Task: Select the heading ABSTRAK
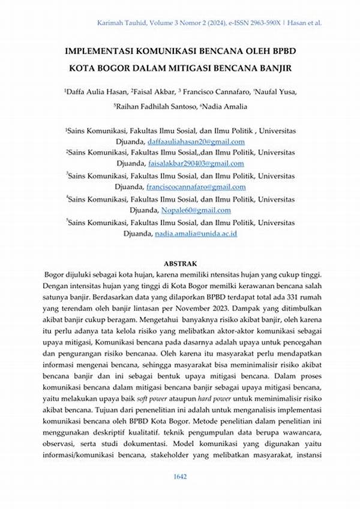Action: click(180, 263)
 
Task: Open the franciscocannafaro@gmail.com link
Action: click(196, 188)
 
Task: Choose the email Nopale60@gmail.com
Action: click(196, 211)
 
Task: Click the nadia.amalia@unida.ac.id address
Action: click(196, 233)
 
